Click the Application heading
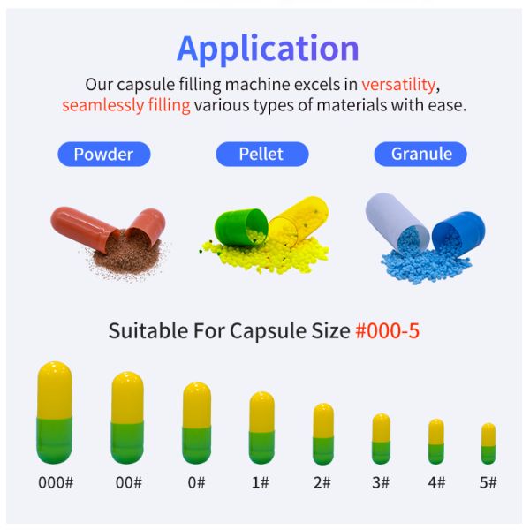[268, 48]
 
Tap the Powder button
[103, 154]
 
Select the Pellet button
[261, 154]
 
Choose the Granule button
[421, 154]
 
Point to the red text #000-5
[393, 331]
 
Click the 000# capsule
[55, 413]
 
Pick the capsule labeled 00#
[127, 417]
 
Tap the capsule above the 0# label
[197, 422]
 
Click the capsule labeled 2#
[323, 433]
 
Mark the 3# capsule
[381, 438]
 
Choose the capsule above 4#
[435, 441]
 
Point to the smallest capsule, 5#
[488, 443]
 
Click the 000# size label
[55, 483]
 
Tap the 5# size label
[488, 483]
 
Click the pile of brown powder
[128, 255]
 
